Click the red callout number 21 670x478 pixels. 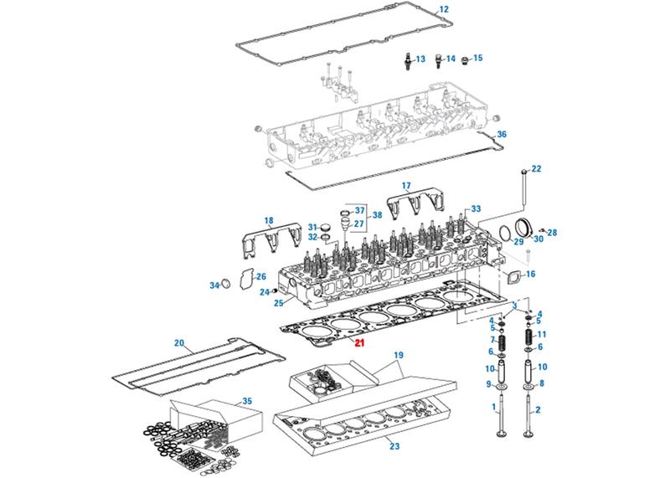pyautogui.click(x=359, y=342)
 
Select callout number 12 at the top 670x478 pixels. pyautogui.click(x=444, y=9)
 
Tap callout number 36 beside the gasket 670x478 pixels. pyautogui.click(x=502, y=134)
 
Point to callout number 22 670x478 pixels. pyautogui.click(x=536, y=168)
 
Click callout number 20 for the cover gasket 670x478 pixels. pyautogui.click(x=178, y=342)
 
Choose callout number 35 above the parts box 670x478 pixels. pyautogui.click(x=246, y=402)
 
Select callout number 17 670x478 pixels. pyautogui.click(x=406, y=185)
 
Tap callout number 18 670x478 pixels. pyautogui.click(x=269, y=220)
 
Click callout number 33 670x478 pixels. pyautogui.click(x=476, y=208)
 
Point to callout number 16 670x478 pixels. pyautogui.click(x=529, y=274)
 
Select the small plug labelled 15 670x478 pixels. pyautogui.click(x=467, y=59)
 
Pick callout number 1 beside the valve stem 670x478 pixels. pyautogui.click(x=496, y=409)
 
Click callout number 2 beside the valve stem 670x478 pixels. pyautogui.click(x=539, y=409)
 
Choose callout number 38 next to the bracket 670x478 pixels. pyautogui.click(x=377, y=215)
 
